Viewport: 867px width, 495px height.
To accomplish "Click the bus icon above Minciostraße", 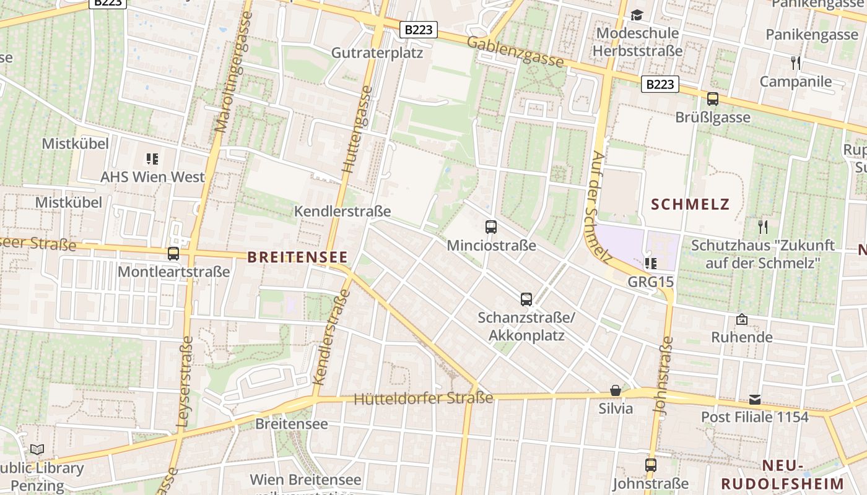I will pos(491,226).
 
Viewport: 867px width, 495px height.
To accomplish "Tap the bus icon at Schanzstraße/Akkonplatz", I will pos(526,299).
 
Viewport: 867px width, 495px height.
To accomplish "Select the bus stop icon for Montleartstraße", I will pos(173,253).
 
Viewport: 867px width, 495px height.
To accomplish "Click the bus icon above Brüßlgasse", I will pos(713,98).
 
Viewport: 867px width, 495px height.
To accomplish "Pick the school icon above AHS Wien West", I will pos(152,159).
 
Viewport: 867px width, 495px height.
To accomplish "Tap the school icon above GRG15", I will pos(650,264).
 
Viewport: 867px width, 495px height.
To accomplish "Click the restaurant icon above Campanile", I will pos(796,62).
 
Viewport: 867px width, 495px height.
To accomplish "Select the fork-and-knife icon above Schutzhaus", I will pos(763,226).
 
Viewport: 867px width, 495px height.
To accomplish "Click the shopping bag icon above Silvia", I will pos(616,390).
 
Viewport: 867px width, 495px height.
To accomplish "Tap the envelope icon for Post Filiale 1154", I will pos(755,399).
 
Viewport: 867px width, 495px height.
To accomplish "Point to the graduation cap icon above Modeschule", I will pos(637,15).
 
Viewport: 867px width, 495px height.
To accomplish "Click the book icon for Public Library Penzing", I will pos(37,449).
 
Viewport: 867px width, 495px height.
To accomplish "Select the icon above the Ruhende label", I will pos(741,319).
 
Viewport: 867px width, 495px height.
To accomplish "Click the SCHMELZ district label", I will pos(691,204).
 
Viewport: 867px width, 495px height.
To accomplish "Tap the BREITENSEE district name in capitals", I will pos(297,257).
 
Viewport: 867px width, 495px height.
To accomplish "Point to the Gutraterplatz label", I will pos(377,53).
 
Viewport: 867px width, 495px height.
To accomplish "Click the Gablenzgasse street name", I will pos(515,51).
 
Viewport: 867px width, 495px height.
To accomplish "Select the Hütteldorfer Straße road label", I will pos(424,398).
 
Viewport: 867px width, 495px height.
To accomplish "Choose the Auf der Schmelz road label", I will pos(598,204).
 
